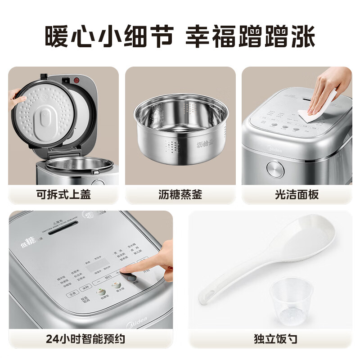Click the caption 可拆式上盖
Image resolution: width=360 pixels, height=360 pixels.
[x=63, y=194]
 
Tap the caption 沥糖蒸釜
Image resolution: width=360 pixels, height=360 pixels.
[x=180, y=194]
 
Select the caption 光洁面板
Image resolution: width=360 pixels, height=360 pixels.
[x=297, y=194]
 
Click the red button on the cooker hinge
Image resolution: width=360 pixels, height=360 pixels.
[x=76, y=81]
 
